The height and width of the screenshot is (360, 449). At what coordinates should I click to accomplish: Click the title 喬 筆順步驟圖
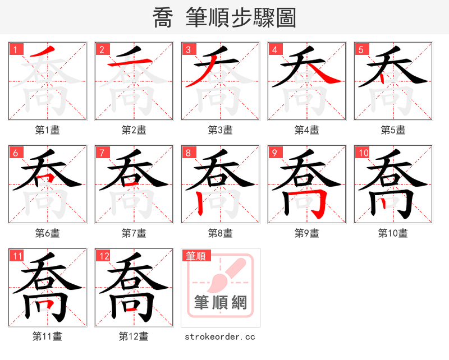[x=224, y=17]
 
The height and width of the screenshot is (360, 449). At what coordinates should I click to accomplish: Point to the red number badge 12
[x=103, y=256]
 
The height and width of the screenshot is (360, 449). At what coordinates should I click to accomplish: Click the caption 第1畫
[x=47, y=130]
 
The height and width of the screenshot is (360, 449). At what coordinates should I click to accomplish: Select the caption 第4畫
[x=306, y=130]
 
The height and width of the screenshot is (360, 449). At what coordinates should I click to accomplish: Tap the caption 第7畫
[x=134, y=233]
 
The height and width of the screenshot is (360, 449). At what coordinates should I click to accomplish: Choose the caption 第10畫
[x=393, y=233]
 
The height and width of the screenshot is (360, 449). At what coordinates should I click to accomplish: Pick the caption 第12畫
[x=134, y=336]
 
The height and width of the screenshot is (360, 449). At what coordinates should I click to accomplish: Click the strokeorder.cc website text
[x=220, y=336]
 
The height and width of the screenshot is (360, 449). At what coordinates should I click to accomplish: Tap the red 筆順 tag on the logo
[x=196, y=256]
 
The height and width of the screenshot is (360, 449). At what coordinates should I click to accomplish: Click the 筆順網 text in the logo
[x=221, y=303]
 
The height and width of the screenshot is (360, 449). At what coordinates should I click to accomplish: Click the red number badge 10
[x=363, y=153]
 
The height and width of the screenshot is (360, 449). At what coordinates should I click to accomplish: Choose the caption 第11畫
[x=47, y=336]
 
